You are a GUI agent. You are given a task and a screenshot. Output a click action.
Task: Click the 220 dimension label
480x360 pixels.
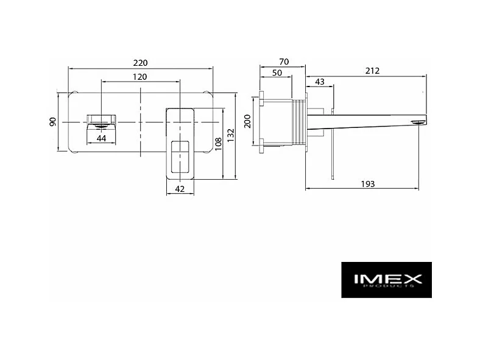140,63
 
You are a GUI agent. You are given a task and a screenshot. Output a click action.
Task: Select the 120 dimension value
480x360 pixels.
139,77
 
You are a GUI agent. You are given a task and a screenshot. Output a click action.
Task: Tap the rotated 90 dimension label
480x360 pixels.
53,122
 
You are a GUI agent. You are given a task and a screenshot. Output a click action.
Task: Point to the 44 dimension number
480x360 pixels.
101,138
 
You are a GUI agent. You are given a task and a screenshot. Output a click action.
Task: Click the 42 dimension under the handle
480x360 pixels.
180,189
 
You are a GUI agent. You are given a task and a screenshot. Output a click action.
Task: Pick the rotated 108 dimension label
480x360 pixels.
218,144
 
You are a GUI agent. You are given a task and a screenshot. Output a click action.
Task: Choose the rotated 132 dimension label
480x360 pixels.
230,135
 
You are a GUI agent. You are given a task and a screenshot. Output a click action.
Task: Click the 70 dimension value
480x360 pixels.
284,62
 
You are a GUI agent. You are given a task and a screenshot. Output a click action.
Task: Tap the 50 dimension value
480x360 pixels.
277,73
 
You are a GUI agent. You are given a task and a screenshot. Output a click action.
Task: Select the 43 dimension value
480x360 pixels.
320,82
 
